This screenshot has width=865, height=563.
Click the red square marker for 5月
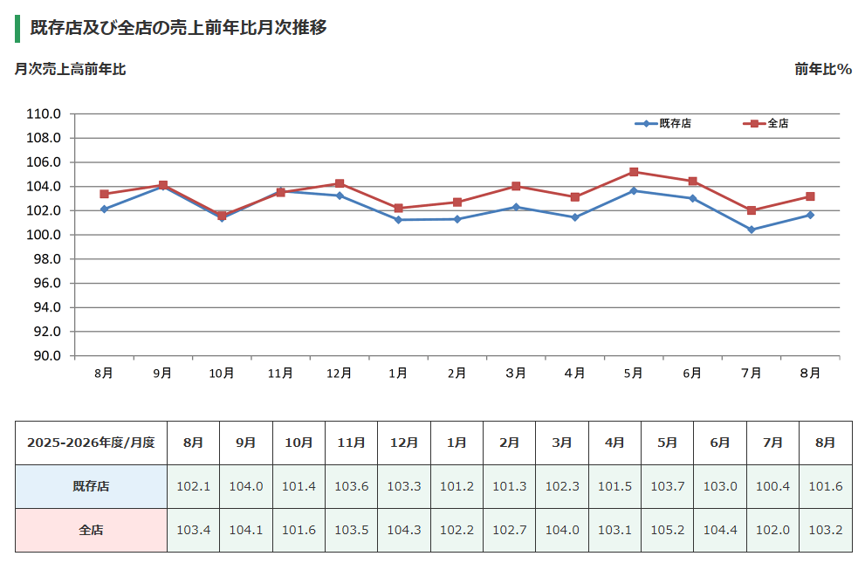(634, 172)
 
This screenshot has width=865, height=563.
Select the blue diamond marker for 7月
(752, 230)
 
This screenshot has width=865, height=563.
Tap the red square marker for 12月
(340, 183)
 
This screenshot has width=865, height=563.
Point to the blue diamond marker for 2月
(457, 219)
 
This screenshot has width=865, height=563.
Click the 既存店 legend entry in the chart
(662, 124)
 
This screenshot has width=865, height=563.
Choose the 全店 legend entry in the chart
(765, 124)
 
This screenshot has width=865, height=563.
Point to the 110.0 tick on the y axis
(44, 114)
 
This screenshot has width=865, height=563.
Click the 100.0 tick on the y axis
(44, 235)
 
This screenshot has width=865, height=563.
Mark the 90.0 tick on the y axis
(47, 355)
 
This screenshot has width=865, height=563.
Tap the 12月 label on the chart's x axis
(339, 374)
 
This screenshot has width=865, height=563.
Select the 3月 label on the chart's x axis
(516, 374)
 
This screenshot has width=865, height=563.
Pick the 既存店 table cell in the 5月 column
(668, 486)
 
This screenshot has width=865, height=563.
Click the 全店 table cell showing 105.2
(668, 530)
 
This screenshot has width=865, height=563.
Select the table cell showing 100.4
(772, 486)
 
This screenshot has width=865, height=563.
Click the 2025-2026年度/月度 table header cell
(91, 443)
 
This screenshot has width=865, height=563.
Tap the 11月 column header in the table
(352, 443)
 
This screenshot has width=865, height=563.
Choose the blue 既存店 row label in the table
(91, 486)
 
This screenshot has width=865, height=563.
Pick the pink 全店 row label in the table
(91, 530)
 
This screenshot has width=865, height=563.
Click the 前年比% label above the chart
(823, 69)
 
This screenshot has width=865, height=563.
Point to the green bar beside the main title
(17, 29)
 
